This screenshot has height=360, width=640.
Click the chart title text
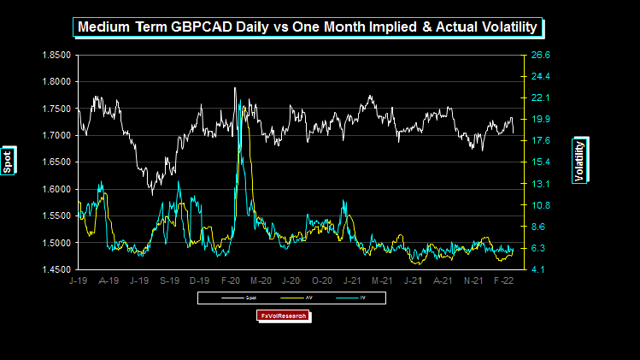(x=308, y=27)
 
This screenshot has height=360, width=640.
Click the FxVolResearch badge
(x=283, y=316)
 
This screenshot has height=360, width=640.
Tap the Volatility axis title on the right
(x=580, y=160)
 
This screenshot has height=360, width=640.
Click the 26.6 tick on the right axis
(x=540, y=55)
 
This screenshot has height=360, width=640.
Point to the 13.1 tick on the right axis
(x=540, y=184)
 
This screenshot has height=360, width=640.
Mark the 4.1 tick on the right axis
(x=540, y=269)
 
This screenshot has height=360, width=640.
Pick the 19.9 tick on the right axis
(x=540, y=119)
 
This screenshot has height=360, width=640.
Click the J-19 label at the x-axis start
(x=78, y=280)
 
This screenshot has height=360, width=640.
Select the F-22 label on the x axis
(x=503, y=280)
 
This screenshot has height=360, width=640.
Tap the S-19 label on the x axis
(x=169, y=280)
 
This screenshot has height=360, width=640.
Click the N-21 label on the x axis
(x=473, y=280)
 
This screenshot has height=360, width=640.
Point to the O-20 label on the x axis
(x=321, y=280)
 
